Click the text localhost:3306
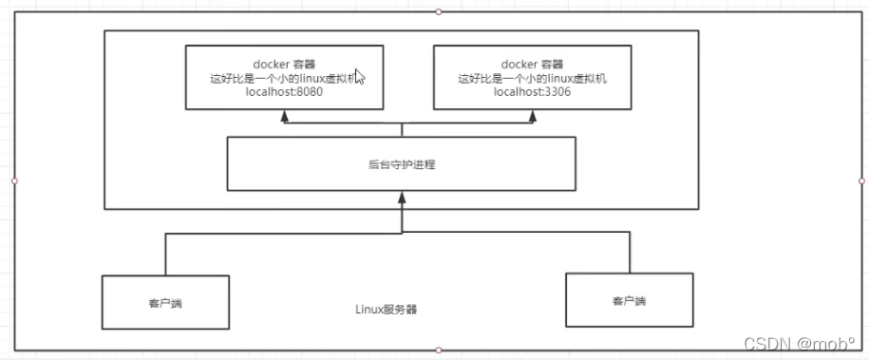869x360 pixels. [x=531, y=92]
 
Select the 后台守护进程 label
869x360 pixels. [x=402, y=164]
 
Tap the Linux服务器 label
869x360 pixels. [x=387, y=309]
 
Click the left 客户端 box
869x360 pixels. [x=165, y=301]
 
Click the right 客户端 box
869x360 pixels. [x=628, y=300]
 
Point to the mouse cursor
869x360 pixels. [x=360, y=77]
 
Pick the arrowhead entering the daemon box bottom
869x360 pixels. [x=402, y=197]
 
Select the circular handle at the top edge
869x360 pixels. [x=438, y=11]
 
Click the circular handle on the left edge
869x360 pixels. [x=14, y=180]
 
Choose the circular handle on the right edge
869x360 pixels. [x=861, y=180]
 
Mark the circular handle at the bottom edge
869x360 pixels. [x=438, y=350]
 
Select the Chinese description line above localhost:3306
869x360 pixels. [x=531, y=79]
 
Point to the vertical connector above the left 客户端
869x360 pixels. [x=165, y=254]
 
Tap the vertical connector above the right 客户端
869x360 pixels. [x=629, y=252]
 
